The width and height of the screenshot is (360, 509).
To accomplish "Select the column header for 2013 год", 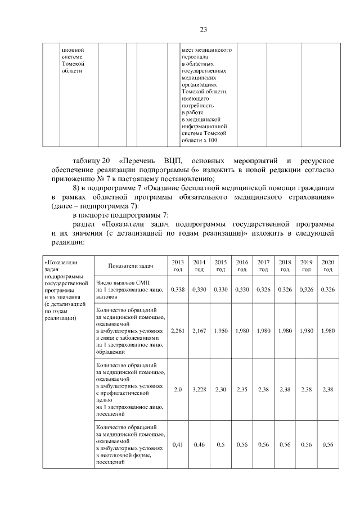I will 178,266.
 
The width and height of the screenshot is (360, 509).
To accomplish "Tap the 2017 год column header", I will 263,266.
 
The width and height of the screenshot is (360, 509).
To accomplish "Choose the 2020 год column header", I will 327,266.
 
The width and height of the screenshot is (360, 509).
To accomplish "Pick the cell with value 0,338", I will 178,289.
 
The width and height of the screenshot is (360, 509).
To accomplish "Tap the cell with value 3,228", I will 199,389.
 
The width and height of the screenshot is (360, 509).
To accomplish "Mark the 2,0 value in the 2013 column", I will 178,389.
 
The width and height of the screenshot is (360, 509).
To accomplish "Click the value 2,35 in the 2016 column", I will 242,389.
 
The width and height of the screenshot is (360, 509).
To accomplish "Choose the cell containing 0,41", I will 178,444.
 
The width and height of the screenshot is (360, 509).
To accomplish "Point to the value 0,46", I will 199,444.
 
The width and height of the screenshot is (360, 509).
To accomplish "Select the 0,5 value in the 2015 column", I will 220,444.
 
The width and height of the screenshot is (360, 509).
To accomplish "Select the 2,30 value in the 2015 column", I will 220,389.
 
